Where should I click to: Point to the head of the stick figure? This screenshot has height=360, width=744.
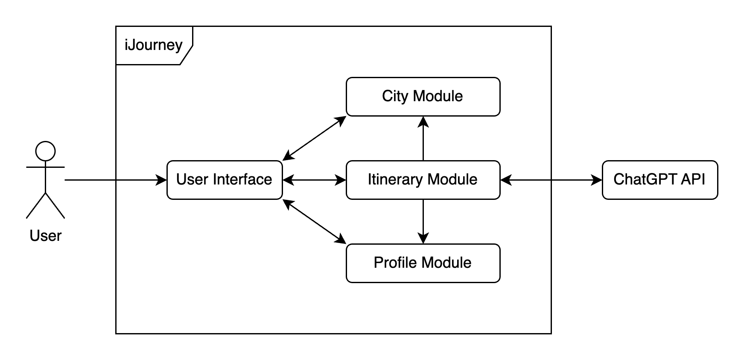tap(45, 151)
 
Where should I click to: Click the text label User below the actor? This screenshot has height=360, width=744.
tap(45, 236)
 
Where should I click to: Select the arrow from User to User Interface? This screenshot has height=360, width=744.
tap(115, 180)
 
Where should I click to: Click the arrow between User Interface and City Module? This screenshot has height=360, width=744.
tap(314, 138)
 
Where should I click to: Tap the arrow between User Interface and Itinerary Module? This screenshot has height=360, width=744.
tap(314, 180)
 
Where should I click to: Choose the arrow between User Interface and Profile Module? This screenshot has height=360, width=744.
tap(314, 221)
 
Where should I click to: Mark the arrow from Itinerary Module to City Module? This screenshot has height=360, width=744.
tap(423, 139)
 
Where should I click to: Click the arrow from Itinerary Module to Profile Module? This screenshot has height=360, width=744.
tap(423, 221)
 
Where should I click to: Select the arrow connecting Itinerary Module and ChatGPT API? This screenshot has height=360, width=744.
tap(551, 180)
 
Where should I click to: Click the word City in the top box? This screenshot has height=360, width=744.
tap(395, 96)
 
